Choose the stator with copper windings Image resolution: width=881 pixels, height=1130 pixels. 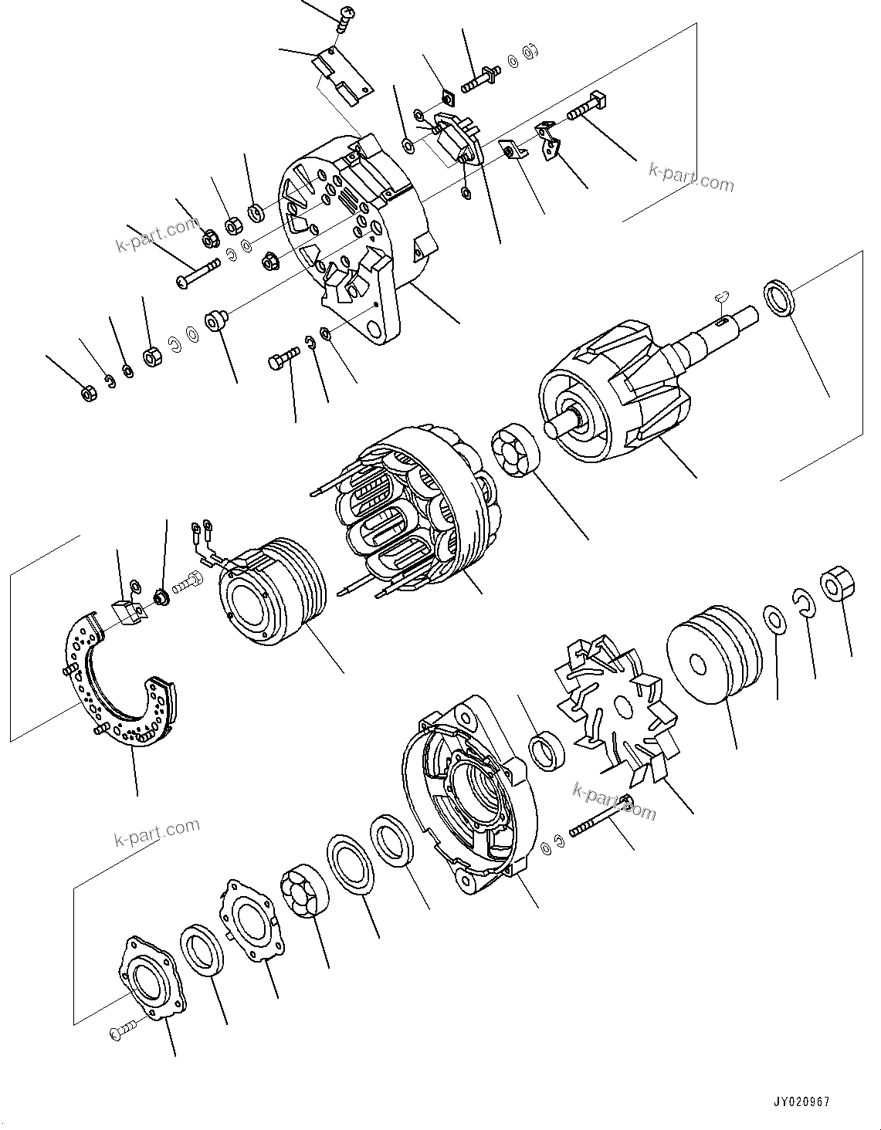409,509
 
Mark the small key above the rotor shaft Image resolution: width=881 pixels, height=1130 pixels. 721,294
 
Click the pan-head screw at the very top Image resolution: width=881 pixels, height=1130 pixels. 346,16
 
